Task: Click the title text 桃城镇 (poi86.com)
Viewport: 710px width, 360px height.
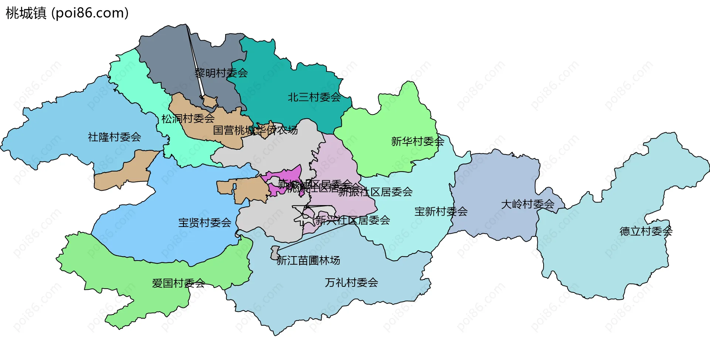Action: coord(67,13)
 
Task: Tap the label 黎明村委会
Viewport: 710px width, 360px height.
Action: coord(221,73)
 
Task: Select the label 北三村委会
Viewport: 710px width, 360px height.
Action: coord(314,97)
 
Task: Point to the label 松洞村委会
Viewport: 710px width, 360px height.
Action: coord(188,119)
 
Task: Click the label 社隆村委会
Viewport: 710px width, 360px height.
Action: coord(114,137)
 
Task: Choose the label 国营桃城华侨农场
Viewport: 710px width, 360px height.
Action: coord(255,130)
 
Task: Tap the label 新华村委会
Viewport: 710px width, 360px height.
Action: coord(417,141)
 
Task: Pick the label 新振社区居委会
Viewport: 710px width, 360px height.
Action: coord(375,192)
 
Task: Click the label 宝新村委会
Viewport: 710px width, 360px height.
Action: coord(441,211)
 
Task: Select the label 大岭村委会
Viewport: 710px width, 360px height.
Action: coord(527,204)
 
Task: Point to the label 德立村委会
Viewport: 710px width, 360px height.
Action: coord(646,231)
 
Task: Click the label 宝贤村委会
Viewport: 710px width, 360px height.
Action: coord(204,223)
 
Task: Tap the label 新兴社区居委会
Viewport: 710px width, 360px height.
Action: coord(352,220)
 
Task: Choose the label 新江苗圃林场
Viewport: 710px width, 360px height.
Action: coord(308,261)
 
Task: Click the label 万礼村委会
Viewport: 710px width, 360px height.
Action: coord(351,283)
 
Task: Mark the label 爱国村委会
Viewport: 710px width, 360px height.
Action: coord(178,283)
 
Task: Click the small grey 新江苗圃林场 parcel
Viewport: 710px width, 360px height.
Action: coord(275,252)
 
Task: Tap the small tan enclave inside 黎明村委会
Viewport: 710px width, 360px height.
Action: coord(210,101)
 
